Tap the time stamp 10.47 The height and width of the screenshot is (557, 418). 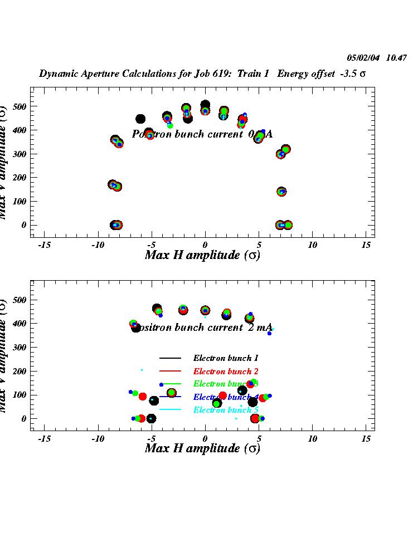coord(396,58)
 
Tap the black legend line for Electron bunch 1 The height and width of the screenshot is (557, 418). coord(170,358)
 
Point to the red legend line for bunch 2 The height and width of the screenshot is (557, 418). coord(170,371)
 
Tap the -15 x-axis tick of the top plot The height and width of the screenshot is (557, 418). coord(44,245)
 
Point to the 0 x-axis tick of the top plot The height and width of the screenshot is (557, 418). coord(205,245)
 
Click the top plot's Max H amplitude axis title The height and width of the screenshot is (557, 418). coord(202,256)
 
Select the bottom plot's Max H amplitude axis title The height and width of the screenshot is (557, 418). coord(202,448)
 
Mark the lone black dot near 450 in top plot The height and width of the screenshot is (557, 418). coord(140,119)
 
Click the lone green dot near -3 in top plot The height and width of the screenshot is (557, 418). coord(170,126)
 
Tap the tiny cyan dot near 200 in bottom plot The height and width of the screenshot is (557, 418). coord(142,370)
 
